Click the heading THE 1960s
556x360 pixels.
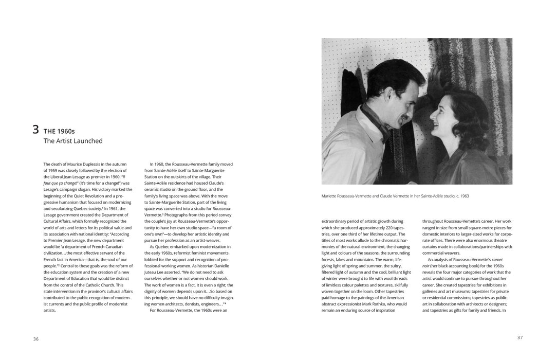point(59,132)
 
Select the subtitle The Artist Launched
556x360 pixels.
point(73,141)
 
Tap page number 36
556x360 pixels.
point(35,339)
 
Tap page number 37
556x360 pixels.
point(520,337)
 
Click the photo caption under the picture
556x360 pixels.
point(395,196)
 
